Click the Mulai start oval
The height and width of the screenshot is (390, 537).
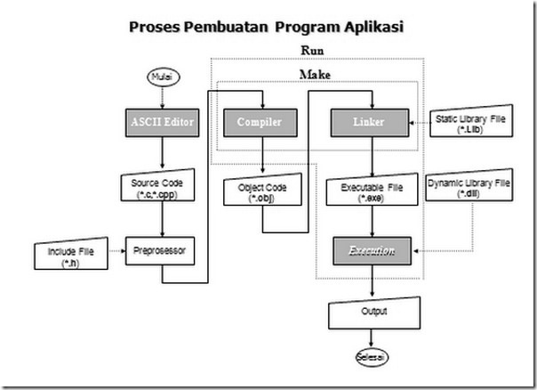[162, 77]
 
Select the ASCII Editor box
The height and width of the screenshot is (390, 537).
[162, 121]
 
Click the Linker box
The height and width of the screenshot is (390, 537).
[368, 121]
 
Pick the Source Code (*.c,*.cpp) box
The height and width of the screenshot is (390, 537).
[162, 188]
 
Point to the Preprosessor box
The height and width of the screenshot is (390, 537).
[162, 251]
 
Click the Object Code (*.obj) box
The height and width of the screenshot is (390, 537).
[261, 191]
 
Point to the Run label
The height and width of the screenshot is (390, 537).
[312, 50]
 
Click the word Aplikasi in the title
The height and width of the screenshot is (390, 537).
[368, 26]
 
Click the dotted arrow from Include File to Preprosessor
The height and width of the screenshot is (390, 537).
[113, 251]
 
